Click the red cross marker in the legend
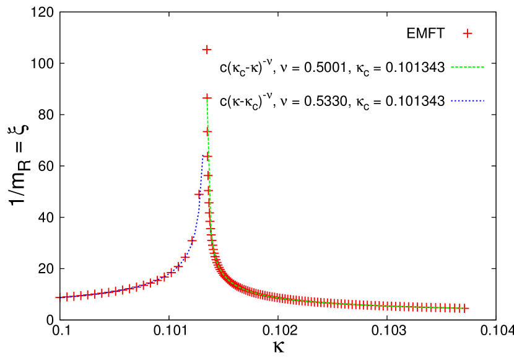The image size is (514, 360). [468, 33]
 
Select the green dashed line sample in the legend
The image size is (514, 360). [468, 67]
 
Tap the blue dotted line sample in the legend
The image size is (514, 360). [468, 100]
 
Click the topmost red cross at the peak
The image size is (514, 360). [207, 50]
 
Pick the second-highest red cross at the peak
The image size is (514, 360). [207, 98]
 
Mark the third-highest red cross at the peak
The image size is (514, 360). [207, 131]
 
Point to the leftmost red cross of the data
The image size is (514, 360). [59, 297]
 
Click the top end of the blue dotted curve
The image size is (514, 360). [203, 156]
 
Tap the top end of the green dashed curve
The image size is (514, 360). [207, 99]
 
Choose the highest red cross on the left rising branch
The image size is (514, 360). [199, 194]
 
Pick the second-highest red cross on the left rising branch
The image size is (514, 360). [192, 240]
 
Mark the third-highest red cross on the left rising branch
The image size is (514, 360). [185, 257]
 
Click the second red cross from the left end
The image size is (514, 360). [67, 297]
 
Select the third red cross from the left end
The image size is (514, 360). [74, 296]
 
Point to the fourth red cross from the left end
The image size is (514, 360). [81, 296]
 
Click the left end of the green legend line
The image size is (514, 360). [451, 67]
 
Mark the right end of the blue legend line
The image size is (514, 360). [484, 100]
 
